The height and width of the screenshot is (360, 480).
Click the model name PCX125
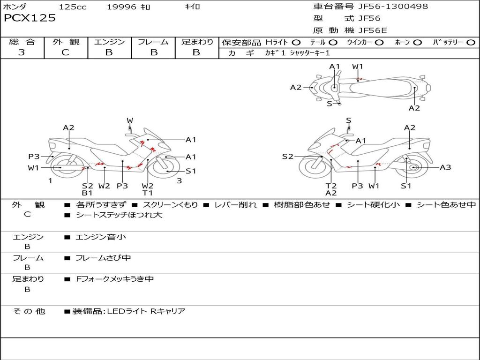(30, 18)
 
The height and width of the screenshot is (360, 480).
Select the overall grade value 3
(22, 52)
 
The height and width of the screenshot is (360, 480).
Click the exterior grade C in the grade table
(65, 52)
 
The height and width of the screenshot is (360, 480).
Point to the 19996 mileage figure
(121, 7)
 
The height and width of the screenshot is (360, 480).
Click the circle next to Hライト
(296, 43)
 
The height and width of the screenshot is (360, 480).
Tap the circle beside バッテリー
(470, 43)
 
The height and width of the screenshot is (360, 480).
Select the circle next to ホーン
(417, 43)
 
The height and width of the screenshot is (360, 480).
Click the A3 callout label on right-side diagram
(445, 167)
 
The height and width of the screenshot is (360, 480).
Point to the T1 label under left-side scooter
(148, 193)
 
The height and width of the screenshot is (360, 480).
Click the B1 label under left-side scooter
(87, 193)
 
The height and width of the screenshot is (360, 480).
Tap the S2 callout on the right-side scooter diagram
(287, 157)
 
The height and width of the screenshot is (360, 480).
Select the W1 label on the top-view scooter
(358, 67)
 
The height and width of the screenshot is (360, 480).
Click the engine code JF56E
(373, 31)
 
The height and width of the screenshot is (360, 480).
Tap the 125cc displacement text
(73, 7)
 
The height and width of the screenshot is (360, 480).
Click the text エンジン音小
(101, 237)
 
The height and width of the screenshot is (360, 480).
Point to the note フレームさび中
(103, 258)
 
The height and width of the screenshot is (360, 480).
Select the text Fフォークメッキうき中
(115, 279)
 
